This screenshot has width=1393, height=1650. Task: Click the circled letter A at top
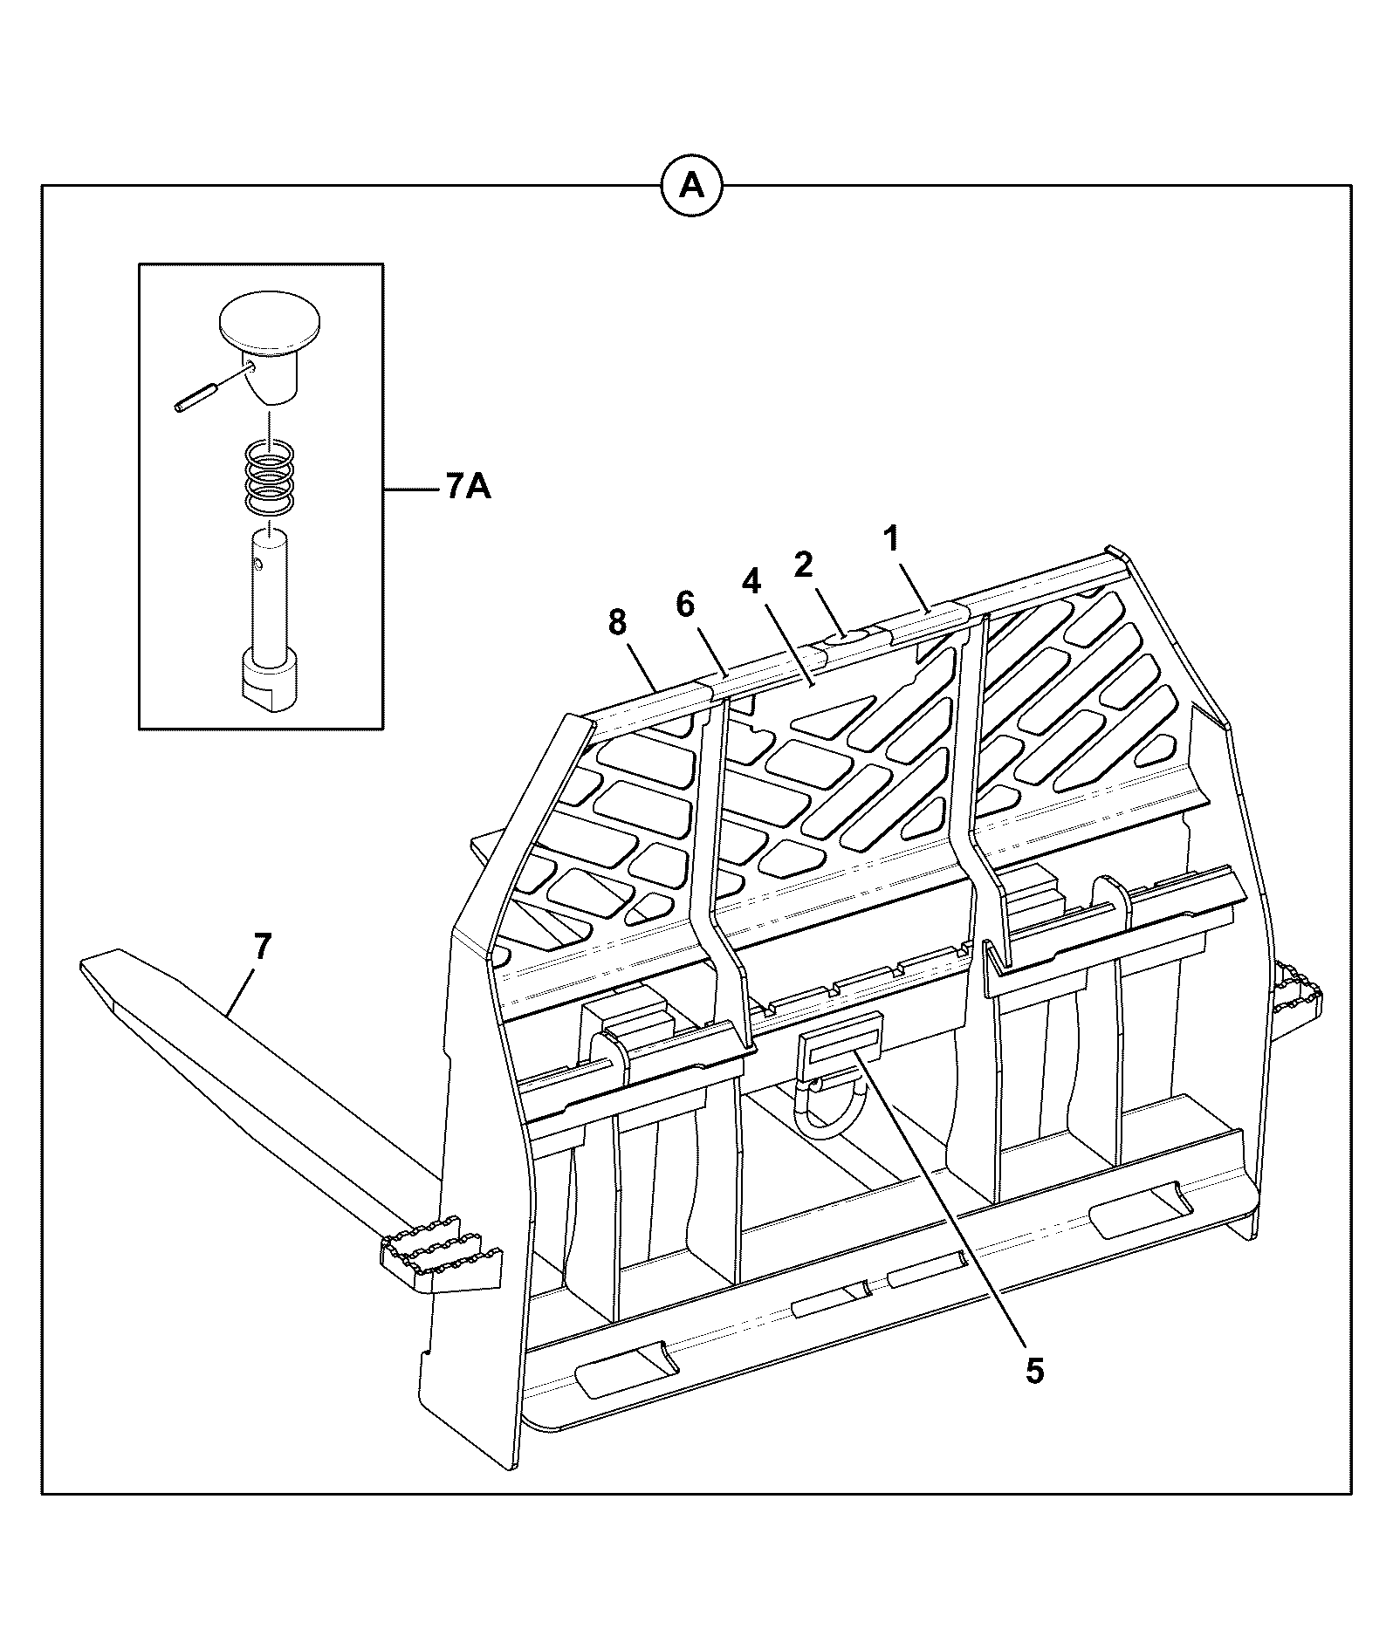pyautogui.click(x=692, y=186)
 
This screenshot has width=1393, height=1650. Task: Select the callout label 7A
pyautogui.click(x=468, y=487)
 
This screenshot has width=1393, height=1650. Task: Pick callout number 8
pyautogui.click(x=617, y=622)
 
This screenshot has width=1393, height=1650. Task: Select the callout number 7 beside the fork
pyautogui.click(x=263, y=947)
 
